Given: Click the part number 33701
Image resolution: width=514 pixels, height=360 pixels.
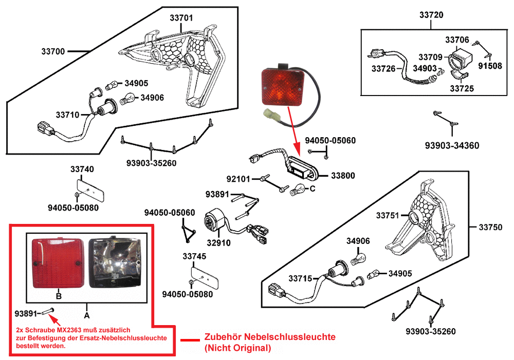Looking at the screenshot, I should click(x=181, y=17).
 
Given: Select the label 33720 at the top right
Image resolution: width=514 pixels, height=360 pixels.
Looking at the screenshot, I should click(x=431, y=15).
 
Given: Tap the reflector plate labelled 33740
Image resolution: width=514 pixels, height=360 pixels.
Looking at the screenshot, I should click(x=91, y=188).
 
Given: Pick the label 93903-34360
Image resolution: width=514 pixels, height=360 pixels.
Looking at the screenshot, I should click(x=452, y=146).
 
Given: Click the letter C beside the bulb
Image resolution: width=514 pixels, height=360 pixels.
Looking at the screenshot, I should click(x=312, y=189).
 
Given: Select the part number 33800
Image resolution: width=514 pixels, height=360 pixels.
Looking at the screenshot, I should click(x=342, y=176).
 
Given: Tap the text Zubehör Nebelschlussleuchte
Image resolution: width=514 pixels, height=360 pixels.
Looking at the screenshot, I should click(x=270, y=337).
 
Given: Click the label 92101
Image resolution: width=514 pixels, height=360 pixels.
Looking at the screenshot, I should click(x=238, y=179).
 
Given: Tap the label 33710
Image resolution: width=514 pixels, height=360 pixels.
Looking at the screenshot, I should click(x=67, y=115).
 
